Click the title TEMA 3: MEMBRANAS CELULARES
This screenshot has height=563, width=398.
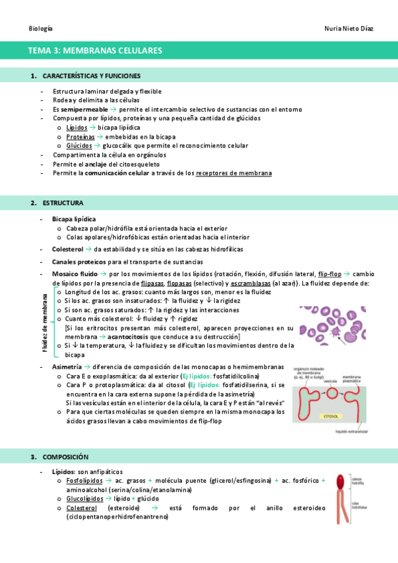click(x=95, y=50)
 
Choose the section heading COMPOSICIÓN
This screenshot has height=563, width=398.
click(x=65, y=457)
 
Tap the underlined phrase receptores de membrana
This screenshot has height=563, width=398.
click(x=234, y=173)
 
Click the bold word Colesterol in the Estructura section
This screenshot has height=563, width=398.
click(x=68, y=249)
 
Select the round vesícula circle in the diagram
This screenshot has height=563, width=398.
click(x=331, y=393)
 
